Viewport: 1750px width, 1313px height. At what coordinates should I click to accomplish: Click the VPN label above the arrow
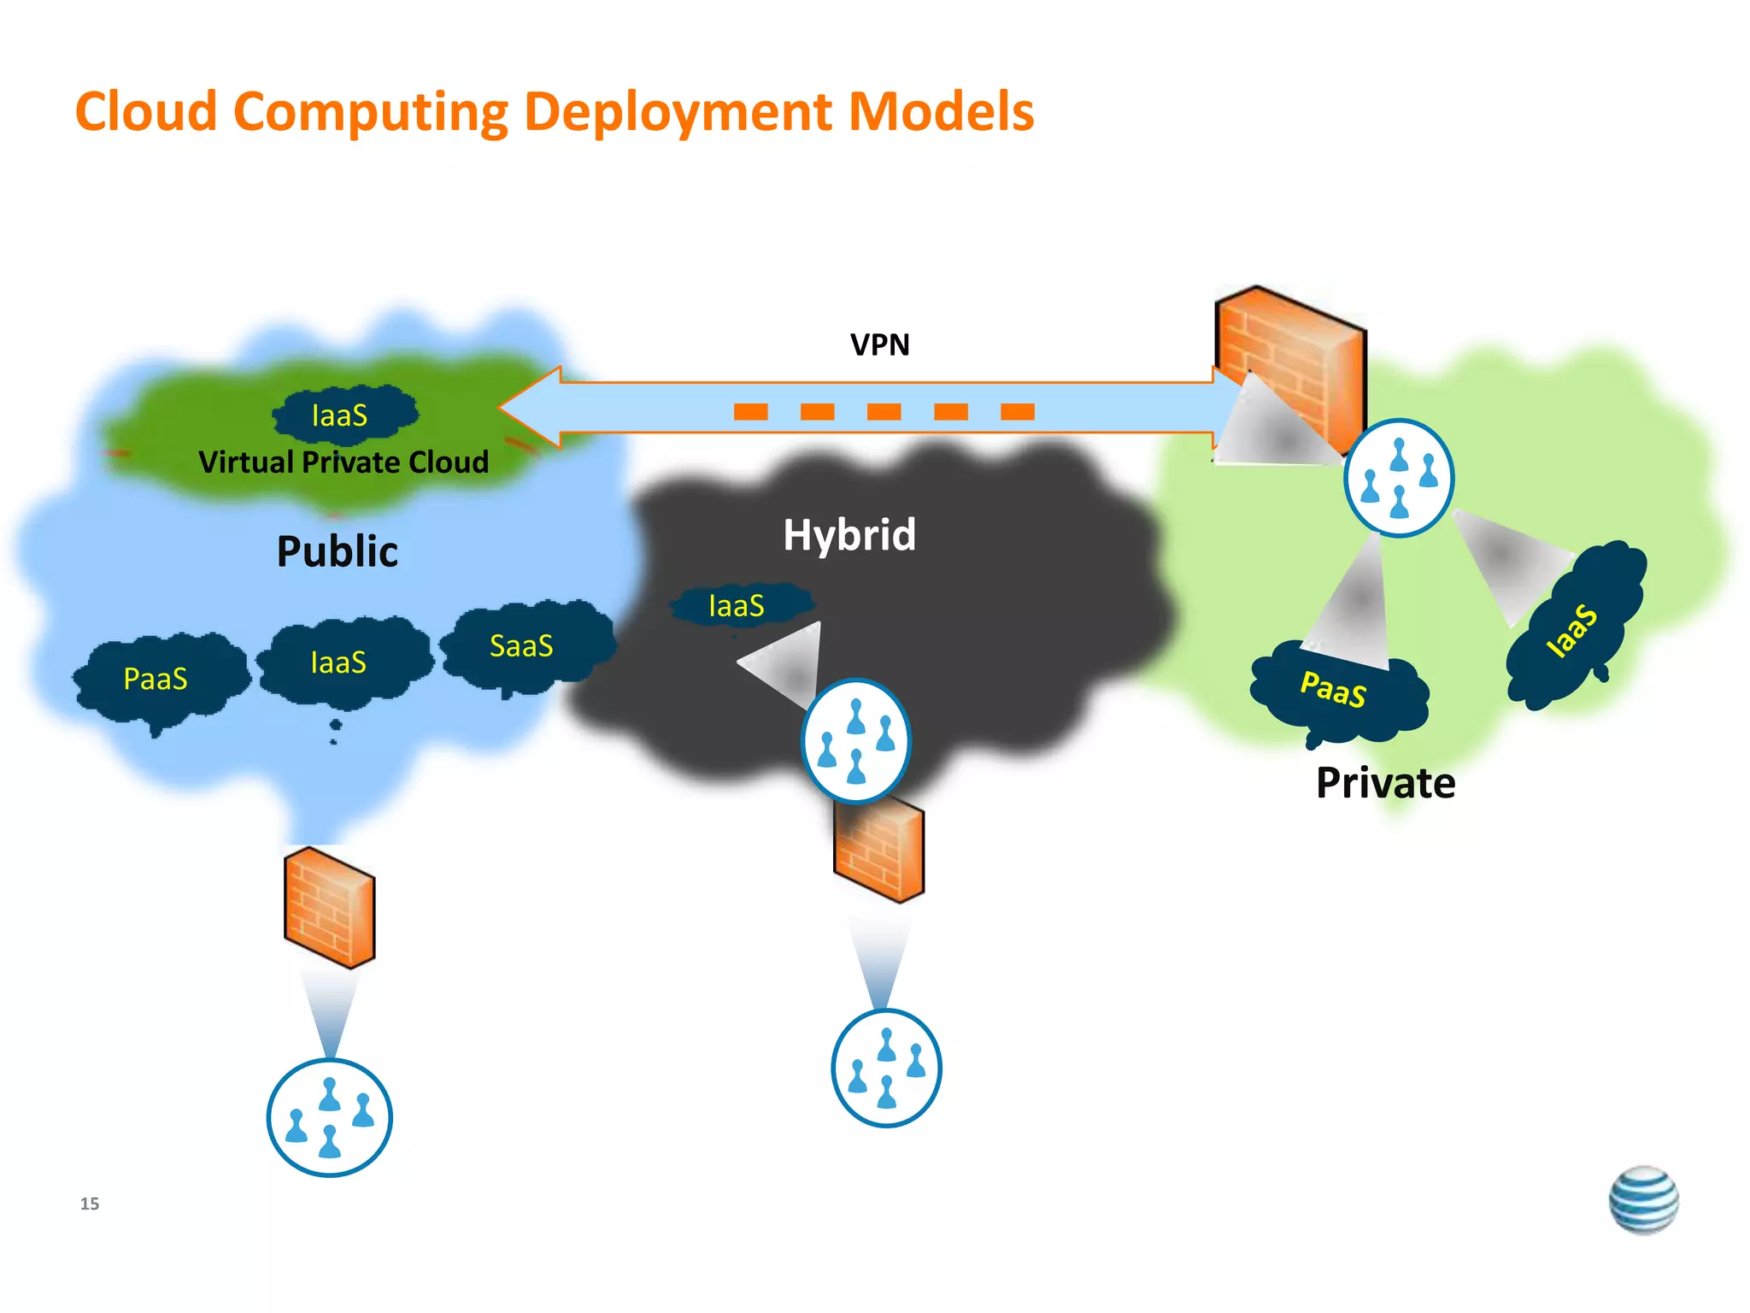[879, 344]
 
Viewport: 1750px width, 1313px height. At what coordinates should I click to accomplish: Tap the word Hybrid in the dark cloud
[849, 535]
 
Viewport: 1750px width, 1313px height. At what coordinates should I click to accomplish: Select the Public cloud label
[337, 551]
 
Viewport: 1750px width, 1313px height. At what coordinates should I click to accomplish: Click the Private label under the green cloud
[1385, 783]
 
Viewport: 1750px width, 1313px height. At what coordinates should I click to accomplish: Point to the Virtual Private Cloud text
[344, 462]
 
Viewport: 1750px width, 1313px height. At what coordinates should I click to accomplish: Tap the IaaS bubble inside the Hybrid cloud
[737, 606]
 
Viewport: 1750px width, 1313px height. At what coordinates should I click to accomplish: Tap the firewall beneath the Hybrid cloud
[878, 851]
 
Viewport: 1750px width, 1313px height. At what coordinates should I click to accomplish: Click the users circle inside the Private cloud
[1398, 478]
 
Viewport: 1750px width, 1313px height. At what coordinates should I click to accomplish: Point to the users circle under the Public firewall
[329, 1117]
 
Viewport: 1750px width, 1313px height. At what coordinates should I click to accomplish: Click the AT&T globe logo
[1642, 1199]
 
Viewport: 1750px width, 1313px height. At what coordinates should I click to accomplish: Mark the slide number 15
[90, 1204]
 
